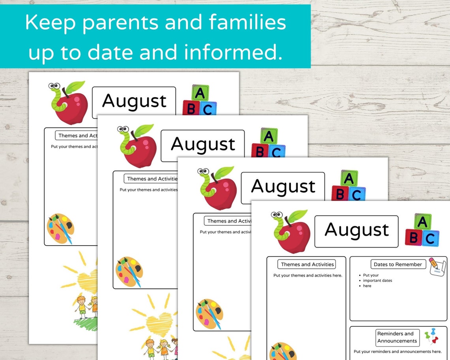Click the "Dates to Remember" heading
(x=398, y=264)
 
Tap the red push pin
(x=435, y=339)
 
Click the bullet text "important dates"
(x=377, y=281)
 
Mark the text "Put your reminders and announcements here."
(x=397, y=351)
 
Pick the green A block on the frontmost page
(x=422, y=222)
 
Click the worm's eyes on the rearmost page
(x=54, y=86)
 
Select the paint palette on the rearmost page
(x=60, y=228)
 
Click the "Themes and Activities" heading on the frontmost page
(x=307, y=264)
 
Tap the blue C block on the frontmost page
(x=430, y=238)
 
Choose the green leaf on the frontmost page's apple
(x=297, y=216)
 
